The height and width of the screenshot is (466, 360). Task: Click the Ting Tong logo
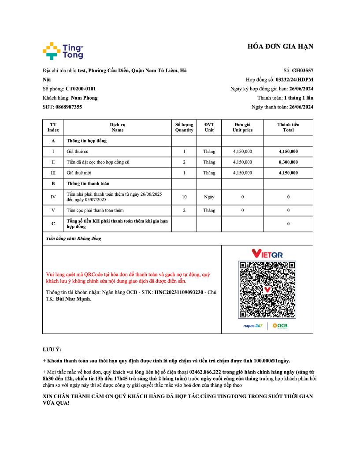(x=63, y=51)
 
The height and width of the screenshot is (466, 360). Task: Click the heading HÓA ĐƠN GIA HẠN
(x=280, y=47)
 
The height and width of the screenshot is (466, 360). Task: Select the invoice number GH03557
(x=303, y=71)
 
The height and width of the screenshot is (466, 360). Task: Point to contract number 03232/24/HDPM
(x=294, y=80)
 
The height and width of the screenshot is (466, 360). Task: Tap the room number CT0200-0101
(x=81, y=89)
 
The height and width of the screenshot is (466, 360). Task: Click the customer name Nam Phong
(x=84, y=98)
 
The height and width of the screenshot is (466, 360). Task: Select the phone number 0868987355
(x=69, y=107)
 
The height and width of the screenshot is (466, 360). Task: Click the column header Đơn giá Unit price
(x=242, y=127)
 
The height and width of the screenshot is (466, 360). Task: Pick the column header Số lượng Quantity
(x=184, y=127)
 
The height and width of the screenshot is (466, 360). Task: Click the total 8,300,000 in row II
(x=288, y=162)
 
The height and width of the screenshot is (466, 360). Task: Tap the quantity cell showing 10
(x=184, y=197)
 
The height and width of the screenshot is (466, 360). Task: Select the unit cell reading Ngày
(x=209, y=197)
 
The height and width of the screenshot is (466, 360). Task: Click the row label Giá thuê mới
(x=79, y=173)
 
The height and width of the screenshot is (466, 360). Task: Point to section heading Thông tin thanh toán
(x=88, y=183)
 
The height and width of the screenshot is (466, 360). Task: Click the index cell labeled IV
(x=53, y=197)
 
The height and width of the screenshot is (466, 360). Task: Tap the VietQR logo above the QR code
(x=267, y=254)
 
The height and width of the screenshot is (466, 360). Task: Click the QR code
(x=267, y=290)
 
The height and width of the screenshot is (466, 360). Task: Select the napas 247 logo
(x=253, y=326)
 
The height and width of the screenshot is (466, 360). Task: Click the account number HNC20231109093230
(x=178, y=292)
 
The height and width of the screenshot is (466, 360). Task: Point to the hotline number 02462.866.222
(x=204, y=372)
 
